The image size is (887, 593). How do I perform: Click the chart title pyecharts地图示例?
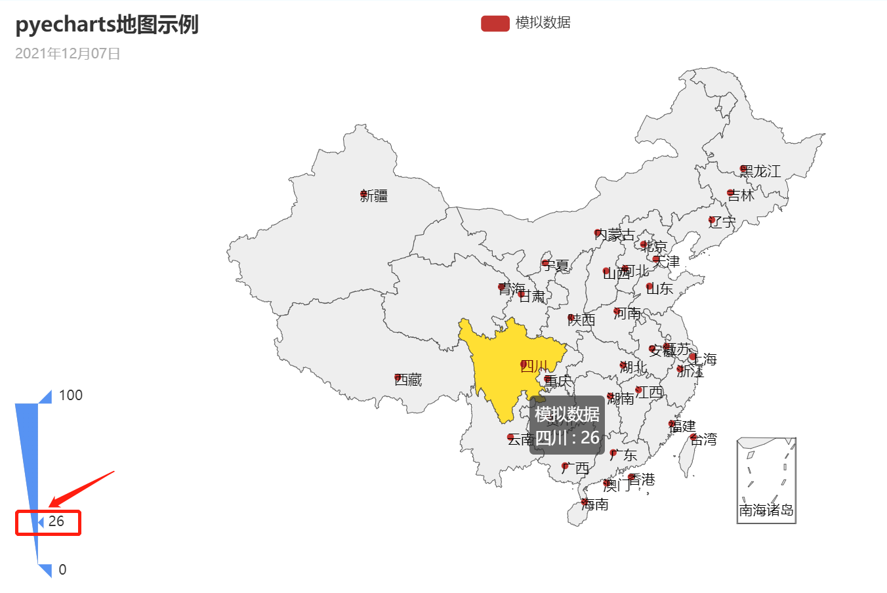(x=107, y=25)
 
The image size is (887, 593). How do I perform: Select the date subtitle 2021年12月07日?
(x=68, y=54)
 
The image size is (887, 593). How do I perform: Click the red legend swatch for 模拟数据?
(x=495, y=23)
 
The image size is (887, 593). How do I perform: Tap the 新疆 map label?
(x=374, y=195)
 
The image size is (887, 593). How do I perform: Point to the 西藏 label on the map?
(x=408, y=379)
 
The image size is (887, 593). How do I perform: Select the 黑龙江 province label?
(x=760, y=171)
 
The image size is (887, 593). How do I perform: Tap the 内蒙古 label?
(x=615, y=234)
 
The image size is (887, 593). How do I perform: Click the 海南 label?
(x=595, y=504)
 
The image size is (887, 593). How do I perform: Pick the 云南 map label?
(x=520, y=439)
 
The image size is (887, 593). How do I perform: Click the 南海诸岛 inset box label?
(x=766, y=510)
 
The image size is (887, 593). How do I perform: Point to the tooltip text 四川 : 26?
(x=567, y=437)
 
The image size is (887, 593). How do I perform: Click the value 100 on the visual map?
(x=71, y=395)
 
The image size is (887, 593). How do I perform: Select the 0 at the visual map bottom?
(x=62, y=569)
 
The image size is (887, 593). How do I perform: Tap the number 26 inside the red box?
(x=56, y=521)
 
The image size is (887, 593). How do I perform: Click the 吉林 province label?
(x=741, y=195)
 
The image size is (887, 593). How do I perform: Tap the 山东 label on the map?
(x=660, y=288)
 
